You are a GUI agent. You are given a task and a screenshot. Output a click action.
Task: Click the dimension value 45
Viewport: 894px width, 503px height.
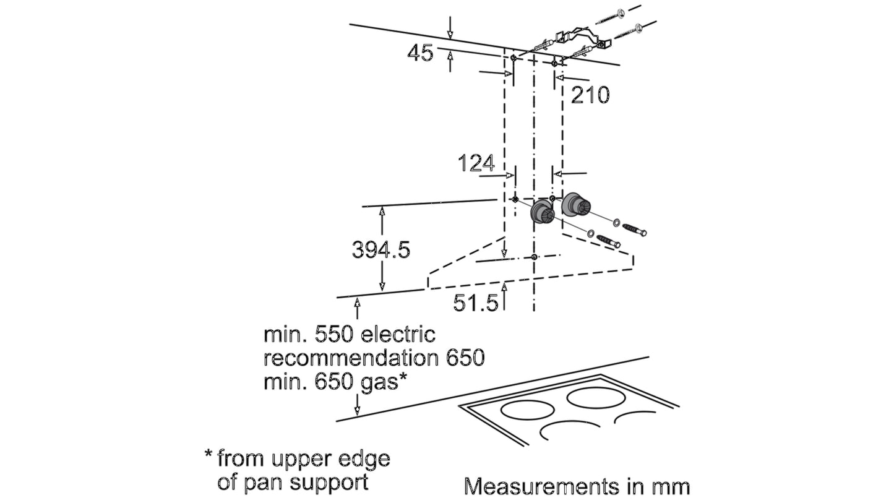pos(420,53)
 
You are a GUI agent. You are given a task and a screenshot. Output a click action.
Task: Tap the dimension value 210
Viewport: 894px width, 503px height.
pos(590,95)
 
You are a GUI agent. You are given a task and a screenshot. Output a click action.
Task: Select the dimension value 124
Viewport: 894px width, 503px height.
pos(476,163)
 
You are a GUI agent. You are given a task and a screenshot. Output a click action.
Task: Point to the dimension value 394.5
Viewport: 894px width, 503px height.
pos(380,250)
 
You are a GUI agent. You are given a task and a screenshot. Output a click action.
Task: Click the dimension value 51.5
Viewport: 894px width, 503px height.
pos(476,303)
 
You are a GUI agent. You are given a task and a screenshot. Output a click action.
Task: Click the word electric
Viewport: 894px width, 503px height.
pos(398,335)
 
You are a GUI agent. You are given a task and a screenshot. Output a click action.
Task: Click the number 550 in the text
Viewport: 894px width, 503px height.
pos(335,335)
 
